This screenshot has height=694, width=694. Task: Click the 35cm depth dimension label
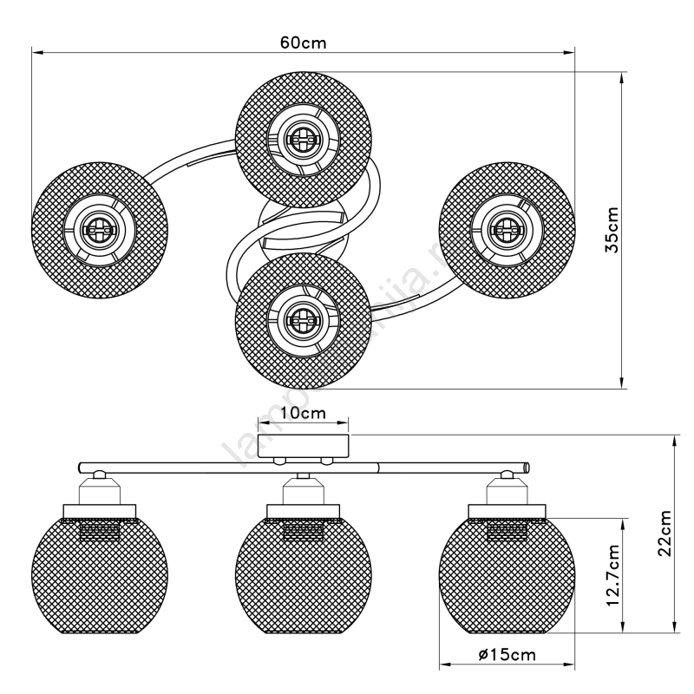(613, 230)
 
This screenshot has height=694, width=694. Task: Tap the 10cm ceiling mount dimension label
(303, 413)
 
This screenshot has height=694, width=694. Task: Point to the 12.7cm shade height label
(612, 575)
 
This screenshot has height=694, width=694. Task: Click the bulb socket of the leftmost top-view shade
(98, 230)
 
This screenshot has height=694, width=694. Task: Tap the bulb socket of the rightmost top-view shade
(507, 228)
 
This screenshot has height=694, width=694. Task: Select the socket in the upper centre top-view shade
(303, 137)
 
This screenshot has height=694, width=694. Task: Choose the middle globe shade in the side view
(303, 577)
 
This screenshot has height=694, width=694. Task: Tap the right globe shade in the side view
(507, 577)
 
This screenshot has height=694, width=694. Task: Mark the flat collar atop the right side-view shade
(507, 510)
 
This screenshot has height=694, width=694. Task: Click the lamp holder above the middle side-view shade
(303, 490)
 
